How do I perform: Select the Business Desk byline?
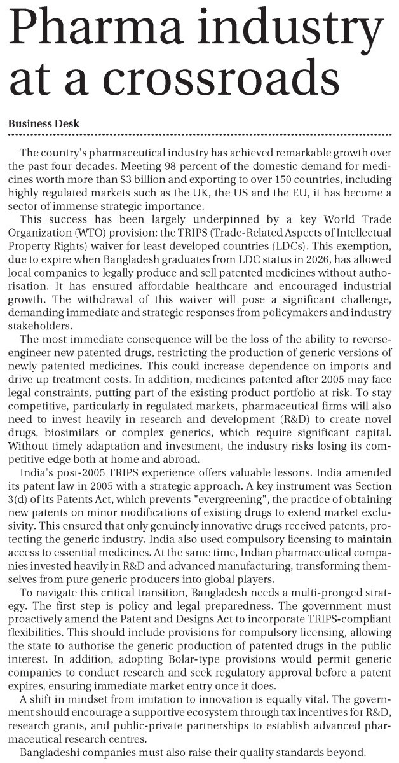[x=44, y=123]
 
